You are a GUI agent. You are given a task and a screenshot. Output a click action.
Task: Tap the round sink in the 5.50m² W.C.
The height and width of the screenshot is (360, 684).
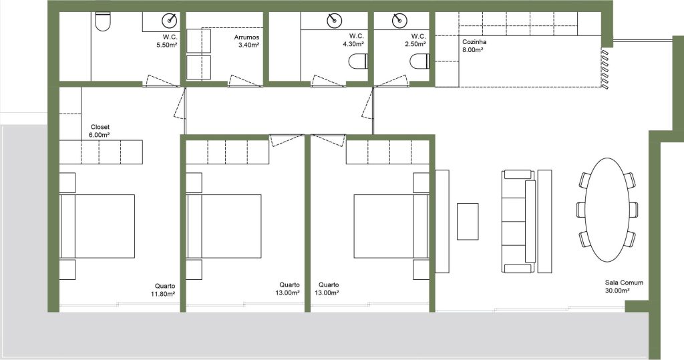(x=170, y=20)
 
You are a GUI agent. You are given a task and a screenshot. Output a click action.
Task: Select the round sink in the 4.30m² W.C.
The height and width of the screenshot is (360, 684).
(x=335, y=20)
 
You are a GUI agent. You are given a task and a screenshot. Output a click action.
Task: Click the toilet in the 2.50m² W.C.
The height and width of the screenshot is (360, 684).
(x=419, y=61)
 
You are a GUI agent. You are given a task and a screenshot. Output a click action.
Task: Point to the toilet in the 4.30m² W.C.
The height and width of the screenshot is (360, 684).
(x=358, y=61)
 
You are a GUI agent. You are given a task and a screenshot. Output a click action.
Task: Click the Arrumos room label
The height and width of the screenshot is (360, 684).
(x=246, y=37)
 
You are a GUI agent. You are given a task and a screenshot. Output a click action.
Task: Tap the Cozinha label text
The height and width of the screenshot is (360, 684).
(x=474, y=42)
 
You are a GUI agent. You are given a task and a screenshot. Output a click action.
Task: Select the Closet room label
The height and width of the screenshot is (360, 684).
(x=100, y=128)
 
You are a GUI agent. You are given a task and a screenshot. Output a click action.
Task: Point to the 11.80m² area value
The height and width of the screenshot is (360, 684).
(x=163, y=294)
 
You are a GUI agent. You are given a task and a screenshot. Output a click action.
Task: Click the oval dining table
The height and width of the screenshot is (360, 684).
(x=607, y=210)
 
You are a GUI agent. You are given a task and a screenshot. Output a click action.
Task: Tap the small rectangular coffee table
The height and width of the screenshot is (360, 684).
(x=468, y=221)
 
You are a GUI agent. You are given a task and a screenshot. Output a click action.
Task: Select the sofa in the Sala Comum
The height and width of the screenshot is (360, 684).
(x=518, y=222)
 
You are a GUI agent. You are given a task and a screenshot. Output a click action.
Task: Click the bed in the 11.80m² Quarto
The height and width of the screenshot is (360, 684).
(x=98, y=226)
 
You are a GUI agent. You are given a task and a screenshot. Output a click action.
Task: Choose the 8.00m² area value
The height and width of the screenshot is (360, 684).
(x=472, y=50)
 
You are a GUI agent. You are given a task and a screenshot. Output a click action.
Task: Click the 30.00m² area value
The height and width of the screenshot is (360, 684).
(x=617, y=291)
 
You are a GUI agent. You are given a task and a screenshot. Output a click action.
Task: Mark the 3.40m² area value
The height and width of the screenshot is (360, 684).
(x=249, y=45)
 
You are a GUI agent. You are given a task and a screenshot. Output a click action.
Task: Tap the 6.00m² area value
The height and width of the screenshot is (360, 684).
(x=99, y=136)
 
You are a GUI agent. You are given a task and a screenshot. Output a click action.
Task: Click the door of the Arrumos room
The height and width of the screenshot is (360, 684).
(x=244, y=81)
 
